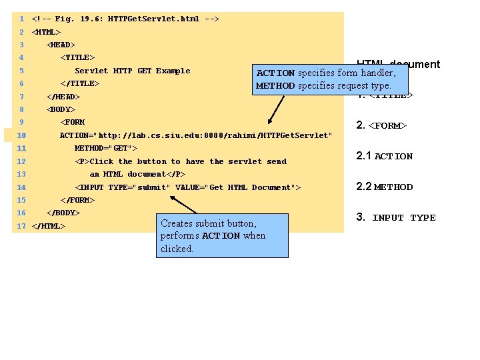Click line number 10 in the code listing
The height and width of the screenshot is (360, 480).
(22, 135)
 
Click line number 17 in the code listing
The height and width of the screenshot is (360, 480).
(21, 226)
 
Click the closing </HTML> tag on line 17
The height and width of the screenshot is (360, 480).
(49, 226)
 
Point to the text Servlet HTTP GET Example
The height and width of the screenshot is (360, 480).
(132, 71)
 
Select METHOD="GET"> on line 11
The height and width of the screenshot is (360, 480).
(106, 148)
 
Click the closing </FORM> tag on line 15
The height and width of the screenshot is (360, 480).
(77, 200)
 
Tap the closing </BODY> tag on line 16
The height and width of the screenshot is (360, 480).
(63, 213)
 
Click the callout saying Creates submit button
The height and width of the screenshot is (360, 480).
(223, 235)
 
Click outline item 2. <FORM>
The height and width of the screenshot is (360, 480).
(381, 125)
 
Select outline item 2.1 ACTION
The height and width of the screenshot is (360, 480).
(385, 156)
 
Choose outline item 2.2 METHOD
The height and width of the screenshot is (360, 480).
(385, 187)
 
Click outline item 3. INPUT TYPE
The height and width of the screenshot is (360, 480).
(396, 217)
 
